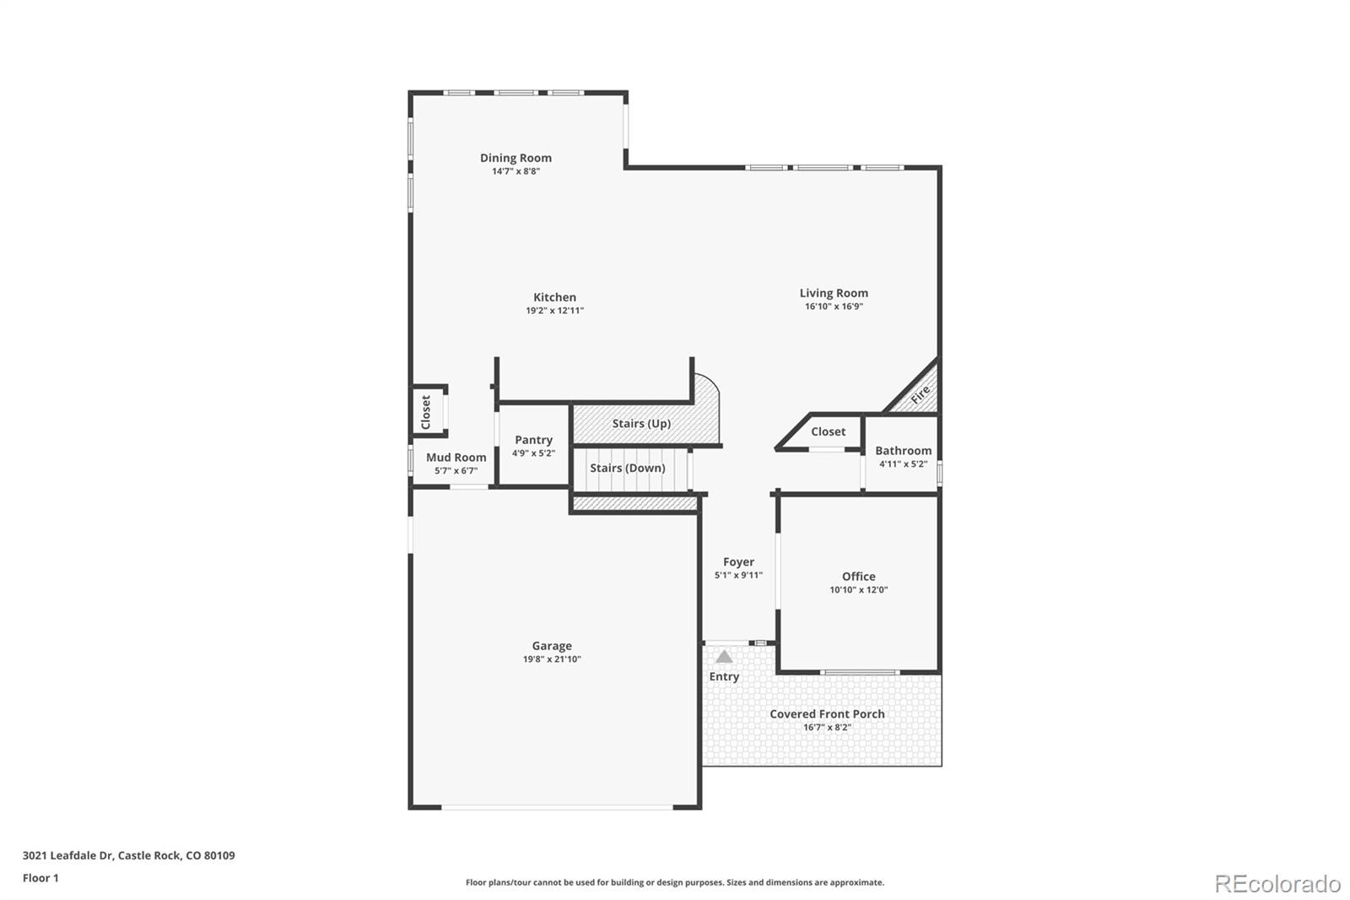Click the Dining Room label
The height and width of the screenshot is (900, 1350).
point(516,158)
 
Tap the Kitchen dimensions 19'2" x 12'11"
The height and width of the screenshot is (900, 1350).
point(554,311)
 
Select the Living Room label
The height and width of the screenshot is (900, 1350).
point(834,293)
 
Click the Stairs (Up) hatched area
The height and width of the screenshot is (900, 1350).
point(641,423)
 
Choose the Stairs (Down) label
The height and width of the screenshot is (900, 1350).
point(627,468)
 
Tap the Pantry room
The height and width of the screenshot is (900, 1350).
point(533,446)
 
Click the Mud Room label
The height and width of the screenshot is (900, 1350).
point(456,458)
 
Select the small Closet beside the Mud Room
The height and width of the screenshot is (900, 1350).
point(426,412)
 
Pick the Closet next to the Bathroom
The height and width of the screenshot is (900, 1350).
point(828,431)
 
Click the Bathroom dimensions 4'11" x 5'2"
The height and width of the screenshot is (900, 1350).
point(903,464)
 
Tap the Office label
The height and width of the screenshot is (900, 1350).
point(858,577)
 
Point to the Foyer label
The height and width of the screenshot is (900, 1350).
point(738,561)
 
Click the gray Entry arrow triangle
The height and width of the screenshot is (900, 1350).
point(724,656)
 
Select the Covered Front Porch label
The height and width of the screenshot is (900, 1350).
point(827,713)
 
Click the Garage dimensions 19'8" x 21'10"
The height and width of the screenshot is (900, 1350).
point(552,659)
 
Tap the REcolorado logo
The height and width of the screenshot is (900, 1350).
point(1277,883)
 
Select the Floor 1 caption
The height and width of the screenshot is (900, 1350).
point(40,878)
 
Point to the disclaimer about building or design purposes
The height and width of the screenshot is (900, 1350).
point(675,882)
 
